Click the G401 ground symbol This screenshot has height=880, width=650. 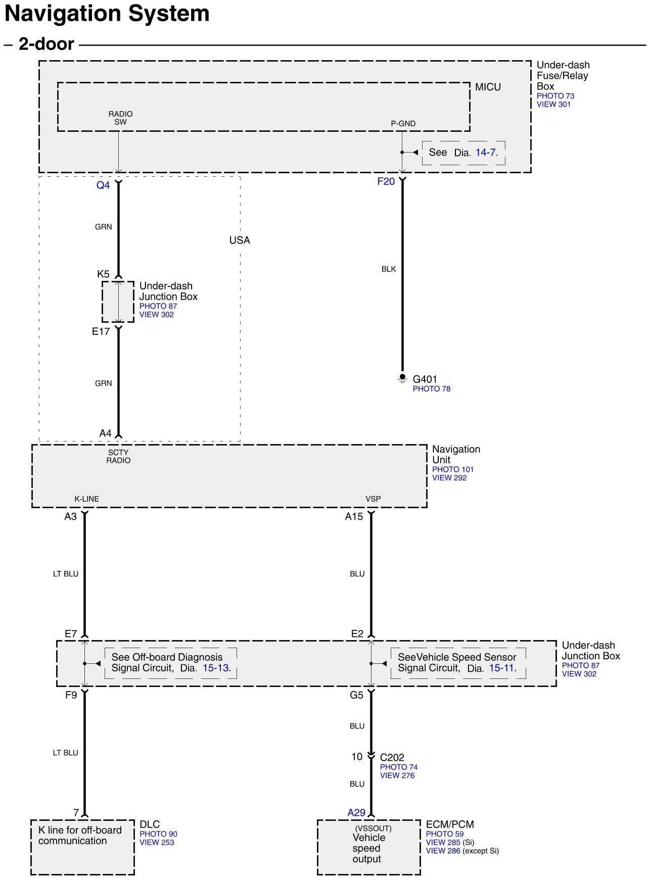coord(402,378)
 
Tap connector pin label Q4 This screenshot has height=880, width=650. coord(103,185)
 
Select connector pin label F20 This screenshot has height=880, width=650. coord(386,181)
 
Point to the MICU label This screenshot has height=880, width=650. coord(488,87)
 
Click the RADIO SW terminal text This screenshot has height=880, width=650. coord(120,118)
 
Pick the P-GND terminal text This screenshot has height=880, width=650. coord(403,124)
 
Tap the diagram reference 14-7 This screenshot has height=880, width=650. coord(486,152)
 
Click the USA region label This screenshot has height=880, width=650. coord(240,240)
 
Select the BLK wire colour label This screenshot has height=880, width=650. coord(389,269)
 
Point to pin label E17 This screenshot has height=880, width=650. coord(101,332)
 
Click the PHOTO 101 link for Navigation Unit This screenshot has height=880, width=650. coord(452,469)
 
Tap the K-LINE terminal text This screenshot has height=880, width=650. coord(87,499)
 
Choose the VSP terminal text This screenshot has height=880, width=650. coord(373,499)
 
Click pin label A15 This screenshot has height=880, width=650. coord(354,517)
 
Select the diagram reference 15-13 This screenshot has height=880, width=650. coord(216,668)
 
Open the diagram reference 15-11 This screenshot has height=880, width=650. coord(502,668)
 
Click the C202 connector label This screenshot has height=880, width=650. coord(392,757)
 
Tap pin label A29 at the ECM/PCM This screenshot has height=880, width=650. coord(356,813)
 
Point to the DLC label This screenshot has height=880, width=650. coord(150,824)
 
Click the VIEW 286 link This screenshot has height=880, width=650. coord(443,851)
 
